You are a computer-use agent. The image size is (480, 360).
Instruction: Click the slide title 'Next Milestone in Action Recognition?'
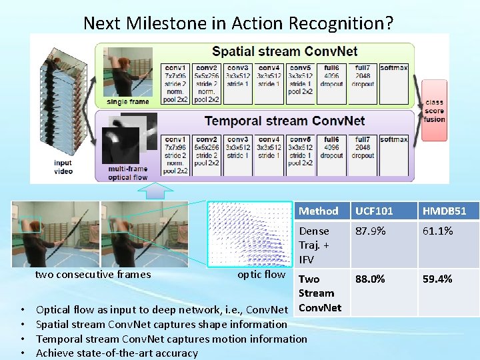(238, 23)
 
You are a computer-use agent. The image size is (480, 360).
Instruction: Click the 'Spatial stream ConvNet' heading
(285, 51)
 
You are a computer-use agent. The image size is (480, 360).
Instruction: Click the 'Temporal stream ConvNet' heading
(285, 121)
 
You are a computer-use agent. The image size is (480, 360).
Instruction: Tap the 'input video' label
(63, 167)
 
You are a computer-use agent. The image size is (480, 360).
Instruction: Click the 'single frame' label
(128, 102)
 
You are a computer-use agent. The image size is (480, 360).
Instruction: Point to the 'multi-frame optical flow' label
(128, 173)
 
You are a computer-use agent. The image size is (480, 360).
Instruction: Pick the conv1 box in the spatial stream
(176, 84)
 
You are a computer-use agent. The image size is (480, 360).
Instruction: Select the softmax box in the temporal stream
(394, 156)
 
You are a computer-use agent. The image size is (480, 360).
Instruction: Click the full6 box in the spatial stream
(331, 84)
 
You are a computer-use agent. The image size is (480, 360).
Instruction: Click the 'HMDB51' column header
(444, 211)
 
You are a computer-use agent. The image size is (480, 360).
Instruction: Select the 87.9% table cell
(370, 231)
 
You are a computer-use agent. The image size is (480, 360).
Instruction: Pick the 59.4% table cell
(437, 279)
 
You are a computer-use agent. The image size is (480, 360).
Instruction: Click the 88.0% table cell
(370, 279)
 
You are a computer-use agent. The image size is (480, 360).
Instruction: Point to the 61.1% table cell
(437, 231)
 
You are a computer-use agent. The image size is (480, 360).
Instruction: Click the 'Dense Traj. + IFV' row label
(315, 245)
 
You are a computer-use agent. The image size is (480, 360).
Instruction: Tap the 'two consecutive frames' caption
(93, 275)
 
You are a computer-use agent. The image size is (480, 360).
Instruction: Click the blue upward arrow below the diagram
(155, 191)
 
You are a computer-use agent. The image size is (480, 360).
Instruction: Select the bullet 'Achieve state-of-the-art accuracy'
(117, 353)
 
